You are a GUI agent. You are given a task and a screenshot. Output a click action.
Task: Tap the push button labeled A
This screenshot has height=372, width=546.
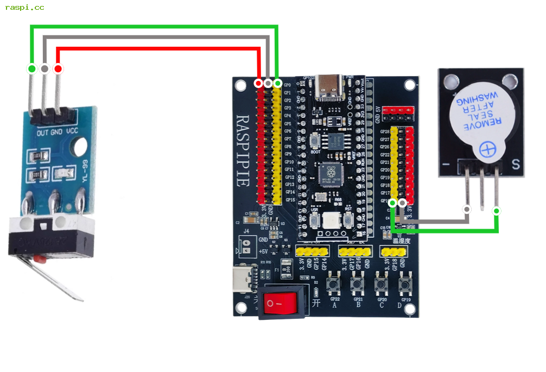(x=334, y=285)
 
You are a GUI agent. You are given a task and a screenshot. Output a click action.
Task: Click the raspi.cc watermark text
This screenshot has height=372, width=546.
(x=24, y=8)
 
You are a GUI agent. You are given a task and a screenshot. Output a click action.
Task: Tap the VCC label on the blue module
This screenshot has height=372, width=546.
(x=72, y=132)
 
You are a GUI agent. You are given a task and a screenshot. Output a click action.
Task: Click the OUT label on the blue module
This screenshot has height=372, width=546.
(x=42, y=133)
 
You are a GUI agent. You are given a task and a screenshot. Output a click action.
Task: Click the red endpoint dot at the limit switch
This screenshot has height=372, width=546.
(x=58, y=69)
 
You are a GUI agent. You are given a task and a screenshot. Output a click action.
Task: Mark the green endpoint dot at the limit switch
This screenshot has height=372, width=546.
(x=31, y=68)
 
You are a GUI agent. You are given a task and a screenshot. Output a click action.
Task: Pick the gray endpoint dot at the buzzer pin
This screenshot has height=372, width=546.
(x=467, y=209)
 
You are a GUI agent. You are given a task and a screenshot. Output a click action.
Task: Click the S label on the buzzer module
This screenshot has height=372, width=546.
(x=516, y=163)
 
